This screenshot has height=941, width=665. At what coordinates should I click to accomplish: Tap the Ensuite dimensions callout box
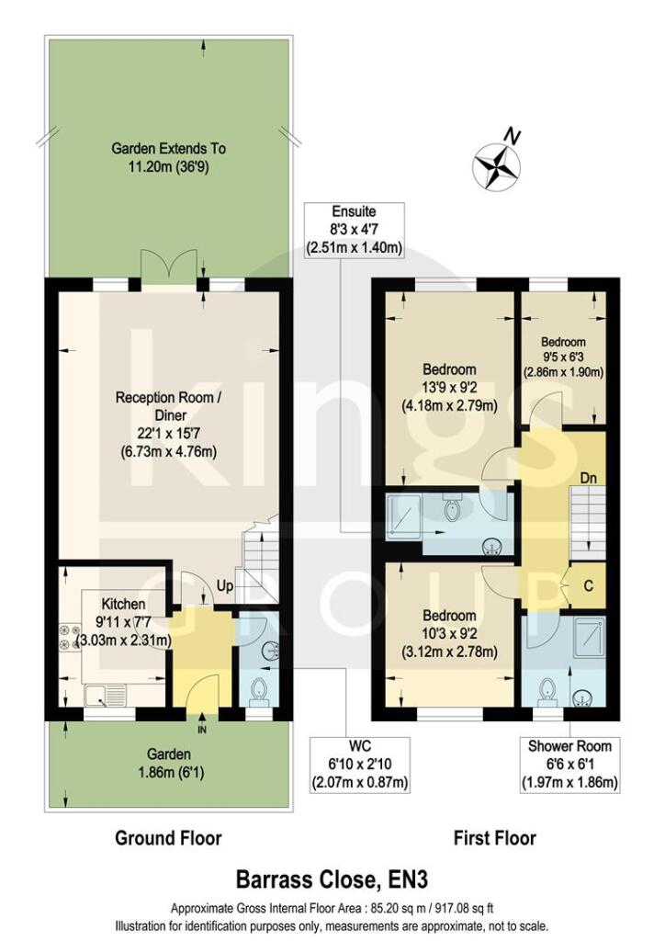tap(355, 230)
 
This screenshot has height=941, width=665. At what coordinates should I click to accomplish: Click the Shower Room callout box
tap(569, 765)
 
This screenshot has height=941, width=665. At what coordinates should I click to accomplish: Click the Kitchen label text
tap(123, 604)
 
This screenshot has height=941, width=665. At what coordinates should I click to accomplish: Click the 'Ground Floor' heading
tap(168, 837)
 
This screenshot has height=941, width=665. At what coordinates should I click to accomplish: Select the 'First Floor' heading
tap(495, 837)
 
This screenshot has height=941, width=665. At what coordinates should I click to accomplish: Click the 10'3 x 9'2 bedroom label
tap(450, 633)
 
